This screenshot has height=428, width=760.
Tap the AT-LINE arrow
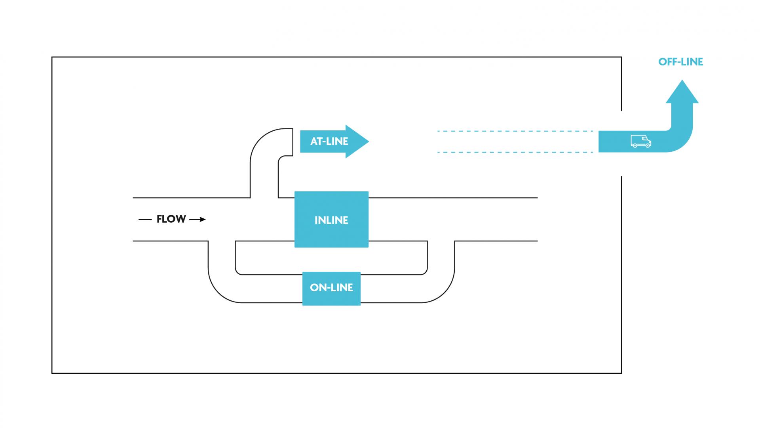pyautogui.click(x=332, y=141)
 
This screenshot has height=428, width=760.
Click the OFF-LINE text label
pyautogui.click(x=680, y=62)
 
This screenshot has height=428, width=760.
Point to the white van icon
pyautogui.click(x=640, y=141)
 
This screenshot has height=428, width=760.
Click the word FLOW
pyautogui.click(x=171, y=219)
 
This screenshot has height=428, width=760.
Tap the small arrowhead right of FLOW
pyautogui.click(x=202, y=220)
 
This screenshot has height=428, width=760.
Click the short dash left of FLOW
pyautogui.click(x=145, y=220)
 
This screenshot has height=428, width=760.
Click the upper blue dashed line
pyautogui.click(x=515, y=131)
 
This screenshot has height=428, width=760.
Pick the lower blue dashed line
pyautogui.click(x=515, y=152)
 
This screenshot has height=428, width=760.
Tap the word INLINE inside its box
pyautogui.click(x=331, y=220)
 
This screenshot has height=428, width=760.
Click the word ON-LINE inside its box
pyautogui.click(x=331, y=288)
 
